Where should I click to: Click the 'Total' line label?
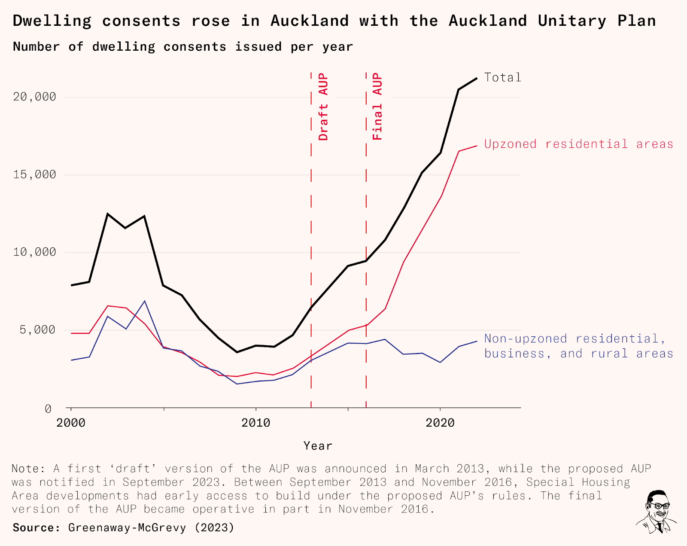click(502, 77)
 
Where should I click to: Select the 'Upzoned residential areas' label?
click(578, 144)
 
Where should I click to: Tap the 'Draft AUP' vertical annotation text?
click(323, 107)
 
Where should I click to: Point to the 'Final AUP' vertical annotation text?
click(377, 107)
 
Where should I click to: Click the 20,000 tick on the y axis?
click(35, 97)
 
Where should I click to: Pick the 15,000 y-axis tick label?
click(35, 175)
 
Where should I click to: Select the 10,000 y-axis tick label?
click(35, 252)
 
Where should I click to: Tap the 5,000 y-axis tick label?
click(38, 330)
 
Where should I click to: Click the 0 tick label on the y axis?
click(48, 409)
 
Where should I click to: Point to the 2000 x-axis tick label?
click(71, 423)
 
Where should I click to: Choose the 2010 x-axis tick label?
click(256, 423)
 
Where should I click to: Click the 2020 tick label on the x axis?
click(440, 423)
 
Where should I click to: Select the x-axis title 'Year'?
click(318, 446)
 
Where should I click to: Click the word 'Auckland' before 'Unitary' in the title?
click(488, 21)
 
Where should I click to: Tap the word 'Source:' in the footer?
click(36, 528)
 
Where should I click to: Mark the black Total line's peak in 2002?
click(108, 214)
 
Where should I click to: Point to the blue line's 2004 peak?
click(145, 301)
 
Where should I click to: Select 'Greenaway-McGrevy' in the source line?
click(127, 528)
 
